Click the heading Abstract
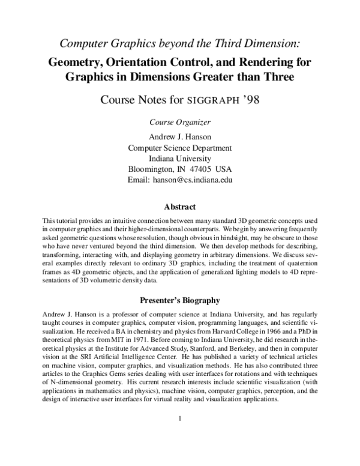(x=179, y=207)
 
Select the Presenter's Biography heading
(x=179, y=299)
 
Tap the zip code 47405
(x=200, y=168)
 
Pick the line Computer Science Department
(x=179, y=147)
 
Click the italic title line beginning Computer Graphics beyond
(x=179, y=43)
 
